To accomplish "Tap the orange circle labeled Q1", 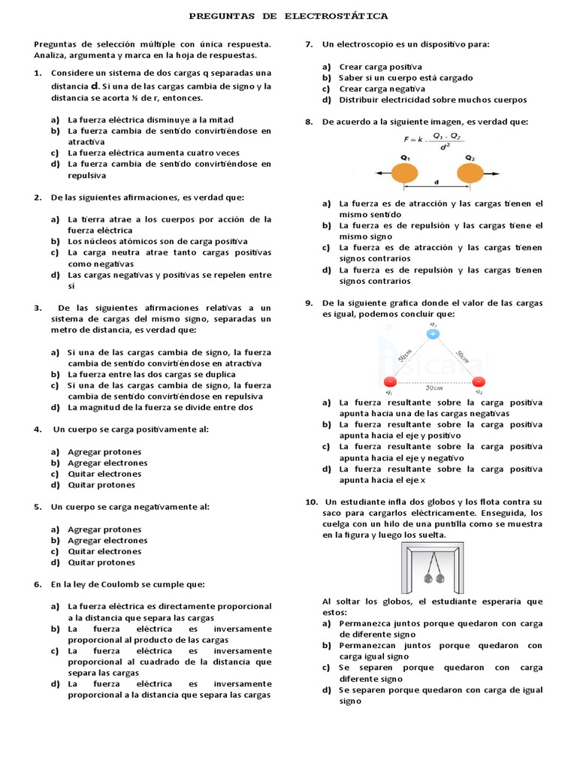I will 406,173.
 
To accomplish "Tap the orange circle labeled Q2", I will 470,173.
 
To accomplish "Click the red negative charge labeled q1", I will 389,381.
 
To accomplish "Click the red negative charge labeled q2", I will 478,381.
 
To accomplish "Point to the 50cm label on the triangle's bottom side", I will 434,388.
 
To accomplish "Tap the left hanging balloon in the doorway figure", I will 428,578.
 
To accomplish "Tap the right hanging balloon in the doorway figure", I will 440,578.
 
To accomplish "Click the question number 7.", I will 308,44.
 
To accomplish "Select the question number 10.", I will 311,502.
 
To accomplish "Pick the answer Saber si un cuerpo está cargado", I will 406,78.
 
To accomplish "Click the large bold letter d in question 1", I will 95,86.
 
